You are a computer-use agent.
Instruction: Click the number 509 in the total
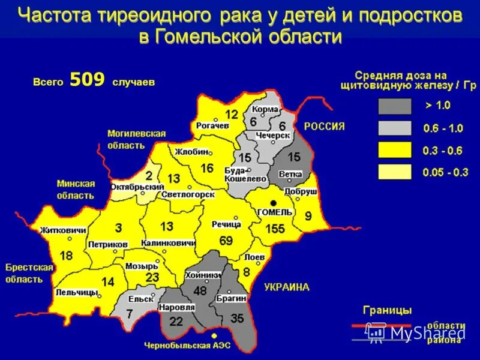pyautogui.click(x=87, y=80)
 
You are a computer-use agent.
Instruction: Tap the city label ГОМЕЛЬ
pyautogui.click(x=274, y=212)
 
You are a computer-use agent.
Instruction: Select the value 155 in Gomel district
pyautogui.click(x=274, y=229)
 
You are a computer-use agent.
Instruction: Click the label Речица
pyautogui.click(x=226, y=224)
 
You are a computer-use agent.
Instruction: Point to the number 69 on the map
pyautogui.click(x=226, y=241)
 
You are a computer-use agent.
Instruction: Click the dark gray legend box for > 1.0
pyautogui.click(x=394, y=106)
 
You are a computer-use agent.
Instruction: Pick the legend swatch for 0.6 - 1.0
pyautogui.click(x=394, y=128)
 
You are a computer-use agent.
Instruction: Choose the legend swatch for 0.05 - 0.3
pyautogui.click(x=394, y=172)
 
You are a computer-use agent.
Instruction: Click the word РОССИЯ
pyautogui.click(x=324, y=126)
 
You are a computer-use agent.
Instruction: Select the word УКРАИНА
pyautogui.click(x=287, y=287)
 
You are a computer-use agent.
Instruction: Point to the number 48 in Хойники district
pyautogui.click(x=199, y=290)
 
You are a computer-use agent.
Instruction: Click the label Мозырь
pyautogui.click(x=141, y=266)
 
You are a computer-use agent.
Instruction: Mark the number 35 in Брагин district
pyautogui.click(x=237, y=318)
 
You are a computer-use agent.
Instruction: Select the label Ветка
pyautogui.click(x=290, y=175)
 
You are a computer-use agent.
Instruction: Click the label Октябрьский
pyautogui.click(x=129, y=187)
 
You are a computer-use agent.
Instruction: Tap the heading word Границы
pyautogui.click(x=387, y=310)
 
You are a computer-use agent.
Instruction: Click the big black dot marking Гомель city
pyautogui.click(x=273, y=203)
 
